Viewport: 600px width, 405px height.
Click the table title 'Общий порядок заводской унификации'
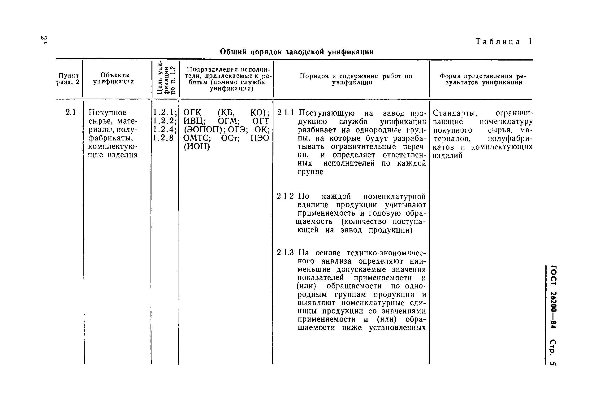tap(297, 52)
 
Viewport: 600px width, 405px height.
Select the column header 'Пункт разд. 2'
tap(69, 78)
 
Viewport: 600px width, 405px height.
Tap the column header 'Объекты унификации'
tap(114, 78)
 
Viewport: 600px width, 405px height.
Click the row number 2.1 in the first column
tap(70, 112)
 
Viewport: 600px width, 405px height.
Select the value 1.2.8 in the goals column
tap(164, 138)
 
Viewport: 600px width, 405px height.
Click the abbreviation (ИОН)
tap(196, 146)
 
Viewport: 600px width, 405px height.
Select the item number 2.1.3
tap(285, 253)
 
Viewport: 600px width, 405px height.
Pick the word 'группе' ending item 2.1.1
tap(310, 172)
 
